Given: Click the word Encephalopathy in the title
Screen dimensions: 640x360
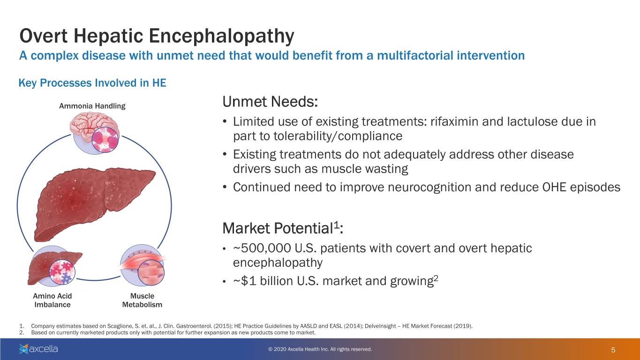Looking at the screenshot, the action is pos(221,36).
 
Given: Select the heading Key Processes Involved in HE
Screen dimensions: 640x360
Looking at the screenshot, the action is pos(92,83).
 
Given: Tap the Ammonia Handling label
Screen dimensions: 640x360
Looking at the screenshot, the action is pos(92,106).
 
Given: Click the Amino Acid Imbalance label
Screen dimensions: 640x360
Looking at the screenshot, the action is pos(53,300).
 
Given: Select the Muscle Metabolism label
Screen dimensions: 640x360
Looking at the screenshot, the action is pos(142,300).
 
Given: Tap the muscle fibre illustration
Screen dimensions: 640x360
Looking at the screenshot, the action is pos(142,266).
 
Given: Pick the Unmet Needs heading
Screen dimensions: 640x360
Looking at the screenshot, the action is pos(270,102).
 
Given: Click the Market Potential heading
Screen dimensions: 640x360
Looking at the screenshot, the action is pos(283,228).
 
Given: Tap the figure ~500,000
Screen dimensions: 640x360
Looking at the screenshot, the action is pos(262,248).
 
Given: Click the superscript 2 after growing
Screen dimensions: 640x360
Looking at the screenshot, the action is pos(436,277).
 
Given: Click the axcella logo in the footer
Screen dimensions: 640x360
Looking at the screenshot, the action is pos(38,349).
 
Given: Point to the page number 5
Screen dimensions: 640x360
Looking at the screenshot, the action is pos(613,350).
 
